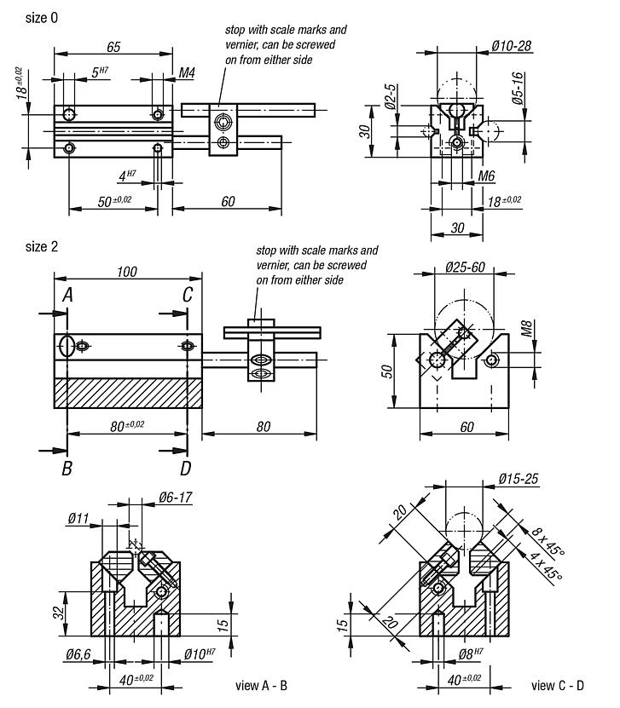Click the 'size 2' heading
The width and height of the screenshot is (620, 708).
coord(42,247)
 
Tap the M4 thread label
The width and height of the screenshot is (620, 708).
coord(187,74)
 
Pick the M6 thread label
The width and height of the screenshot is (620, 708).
coord(486,176)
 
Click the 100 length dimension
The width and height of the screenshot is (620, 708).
coord(127,272)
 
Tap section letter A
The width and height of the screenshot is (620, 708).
coord(67,295)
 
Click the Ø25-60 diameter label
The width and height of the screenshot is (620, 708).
coord(465,268)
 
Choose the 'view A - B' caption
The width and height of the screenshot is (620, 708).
coord(260,685)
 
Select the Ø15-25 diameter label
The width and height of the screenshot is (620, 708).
coord(517,479)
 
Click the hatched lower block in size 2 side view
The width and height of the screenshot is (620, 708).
coord(128,394)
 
